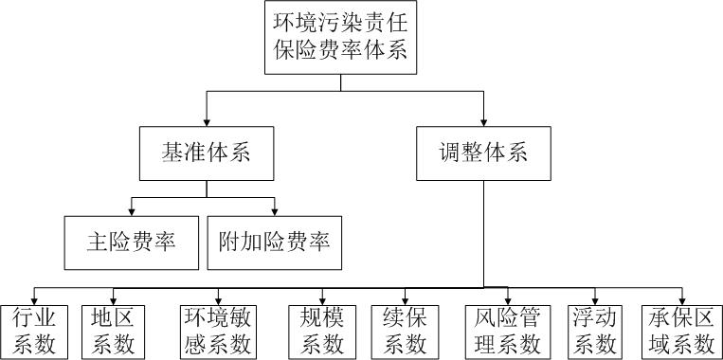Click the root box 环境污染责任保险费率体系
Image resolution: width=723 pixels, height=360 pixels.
point(341,37)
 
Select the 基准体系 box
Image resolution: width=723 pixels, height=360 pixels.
point(205,153)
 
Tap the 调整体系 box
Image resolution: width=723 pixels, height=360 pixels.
point(483,153)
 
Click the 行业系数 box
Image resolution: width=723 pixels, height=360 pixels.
point(34,330)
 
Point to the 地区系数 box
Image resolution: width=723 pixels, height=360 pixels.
point(114,330)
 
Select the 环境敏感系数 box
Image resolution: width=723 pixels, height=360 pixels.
point(217,330)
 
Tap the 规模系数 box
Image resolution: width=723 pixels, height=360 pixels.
point(323,330)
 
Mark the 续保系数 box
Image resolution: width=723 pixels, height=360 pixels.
point(406,330)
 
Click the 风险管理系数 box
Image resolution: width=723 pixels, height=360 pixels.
point(506,330)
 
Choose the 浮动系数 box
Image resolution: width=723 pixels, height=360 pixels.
point(595,330)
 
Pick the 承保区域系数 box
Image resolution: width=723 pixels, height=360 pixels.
point(680,330)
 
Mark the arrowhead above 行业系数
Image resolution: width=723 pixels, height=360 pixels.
point(34,298)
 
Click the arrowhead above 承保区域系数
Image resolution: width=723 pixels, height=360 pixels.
point(680,298)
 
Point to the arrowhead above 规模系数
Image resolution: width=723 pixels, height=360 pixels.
point(323,298)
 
